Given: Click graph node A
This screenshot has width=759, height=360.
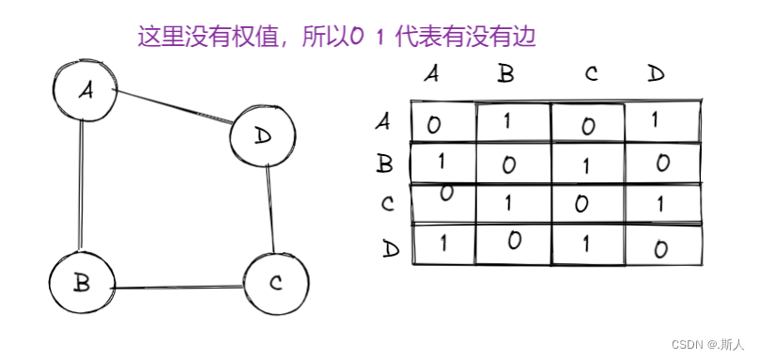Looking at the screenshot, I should point(85,90).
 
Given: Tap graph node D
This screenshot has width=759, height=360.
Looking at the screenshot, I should point(262,137).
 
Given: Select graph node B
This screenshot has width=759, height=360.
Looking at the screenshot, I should point(82,283).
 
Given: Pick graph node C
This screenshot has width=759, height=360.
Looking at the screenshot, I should point(275,283).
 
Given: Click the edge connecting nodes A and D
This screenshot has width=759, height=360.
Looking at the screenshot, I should point(174,106).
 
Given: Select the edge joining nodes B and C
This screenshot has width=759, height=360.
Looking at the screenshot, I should point(178,287).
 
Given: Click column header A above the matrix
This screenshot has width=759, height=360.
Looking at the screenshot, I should point(431,74).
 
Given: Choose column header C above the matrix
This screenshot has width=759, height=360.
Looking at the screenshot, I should point(591,74).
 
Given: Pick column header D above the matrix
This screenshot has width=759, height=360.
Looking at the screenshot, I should point(656,74).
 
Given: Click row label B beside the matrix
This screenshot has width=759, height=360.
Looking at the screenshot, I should point(384,164).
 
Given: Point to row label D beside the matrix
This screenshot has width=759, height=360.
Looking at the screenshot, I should point(392,249).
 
